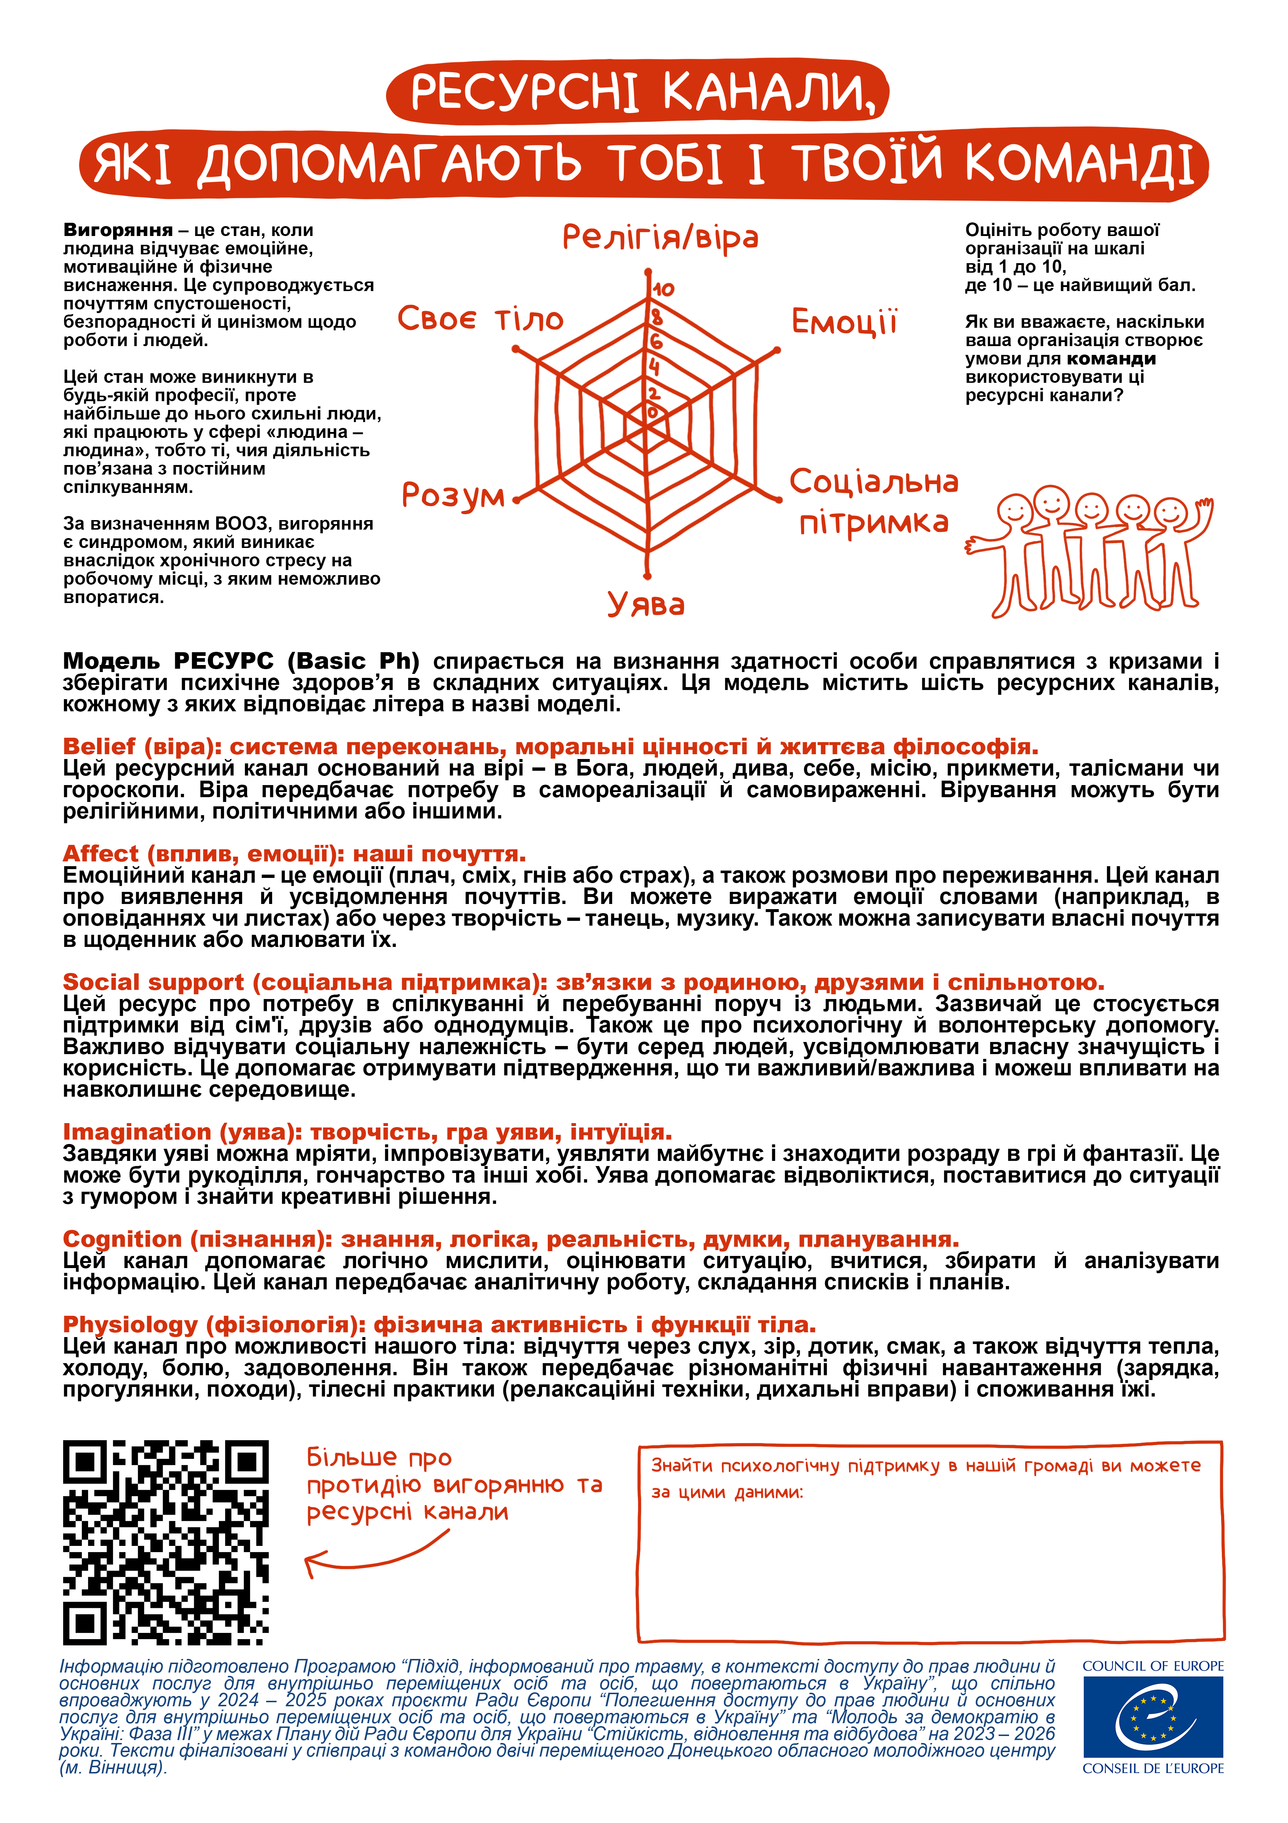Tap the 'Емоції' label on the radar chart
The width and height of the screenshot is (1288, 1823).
tap(844, 322)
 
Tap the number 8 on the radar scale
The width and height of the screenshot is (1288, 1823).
tap(656, 317)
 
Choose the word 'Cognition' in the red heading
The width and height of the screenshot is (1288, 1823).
tap(122, 1239)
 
